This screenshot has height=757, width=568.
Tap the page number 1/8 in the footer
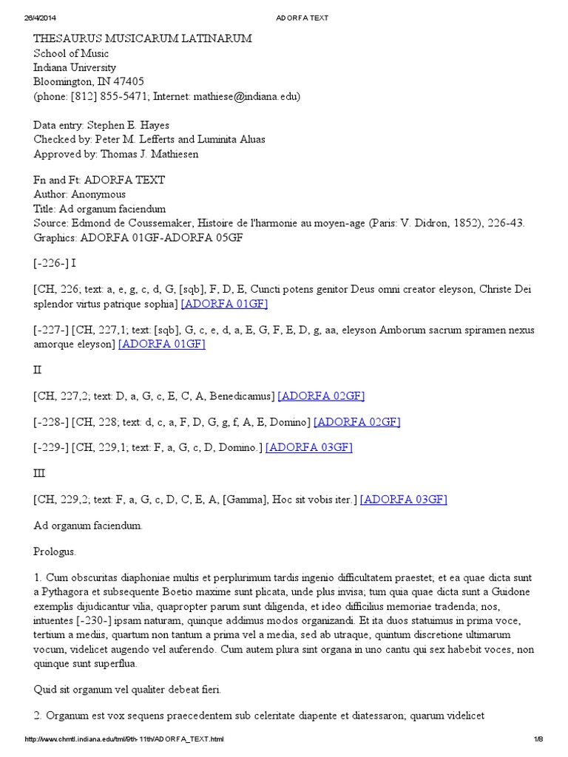click(x=538, y=739)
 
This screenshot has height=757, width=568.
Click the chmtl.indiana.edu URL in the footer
click(x=124, y=739)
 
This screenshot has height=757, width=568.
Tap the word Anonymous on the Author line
click(x=98, y=194)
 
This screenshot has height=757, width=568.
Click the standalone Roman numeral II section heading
click(x=38, y=368)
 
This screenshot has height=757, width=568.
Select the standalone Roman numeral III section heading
click(x=40, y=473)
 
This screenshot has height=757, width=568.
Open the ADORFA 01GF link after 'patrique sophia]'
click(x=224, y=304)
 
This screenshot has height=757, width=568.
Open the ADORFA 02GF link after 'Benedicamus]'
click(x=321, y=396)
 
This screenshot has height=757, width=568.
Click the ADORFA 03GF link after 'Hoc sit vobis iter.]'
click(x=403, y=500)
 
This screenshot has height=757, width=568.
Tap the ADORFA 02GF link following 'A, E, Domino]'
click(x=356, y=422)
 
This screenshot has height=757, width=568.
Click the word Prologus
click(x=55, y=551)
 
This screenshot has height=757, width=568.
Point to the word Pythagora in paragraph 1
click(x=67, y=591)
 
